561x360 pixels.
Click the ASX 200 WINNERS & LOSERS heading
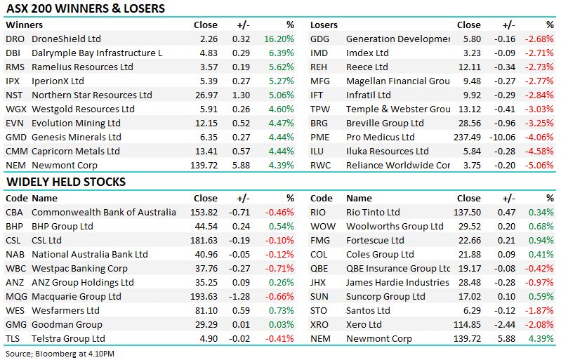point(86,9)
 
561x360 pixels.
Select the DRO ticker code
point(15,39)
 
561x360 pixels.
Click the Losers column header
point(324,25)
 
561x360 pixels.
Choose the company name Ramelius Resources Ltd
point(82,67)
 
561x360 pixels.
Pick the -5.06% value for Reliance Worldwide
point(539,166)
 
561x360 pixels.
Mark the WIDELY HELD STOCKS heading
point(66,182)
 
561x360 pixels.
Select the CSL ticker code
point(13,241)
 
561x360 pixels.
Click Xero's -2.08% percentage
point(539,325)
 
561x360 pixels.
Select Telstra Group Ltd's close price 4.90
point(211,339)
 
